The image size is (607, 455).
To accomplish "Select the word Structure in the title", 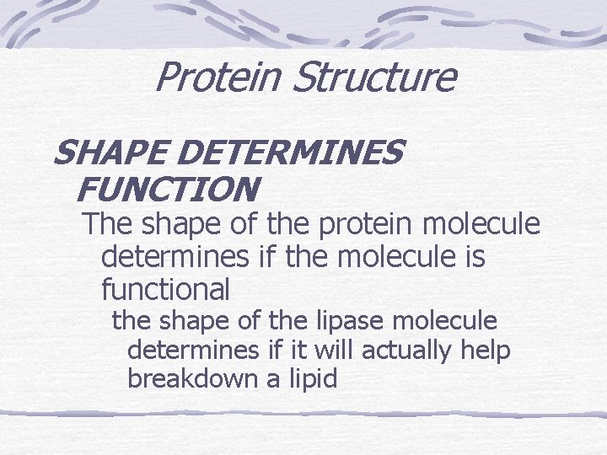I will pyautogui.click(x=374, y=78).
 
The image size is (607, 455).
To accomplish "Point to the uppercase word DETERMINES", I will pyautogui.click(x=292, y=154).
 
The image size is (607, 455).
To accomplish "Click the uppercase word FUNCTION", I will pyautogui.click(x=165, y=189).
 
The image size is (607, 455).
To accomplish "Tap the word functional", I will pyautogui.click(x=165, y=290).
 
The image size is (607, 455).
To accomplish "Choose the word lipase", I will pyautogui.click(x=355, y=321).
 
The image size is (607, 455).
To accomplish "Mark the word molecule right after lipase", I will pyautogui.click(x=447, y=321).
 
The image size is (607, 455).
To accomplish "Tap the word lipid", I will pyautogui.click(x=313, y=379).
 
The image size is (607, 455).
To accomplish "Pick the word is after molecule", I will pyautogui.click(x=473, y=258).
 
